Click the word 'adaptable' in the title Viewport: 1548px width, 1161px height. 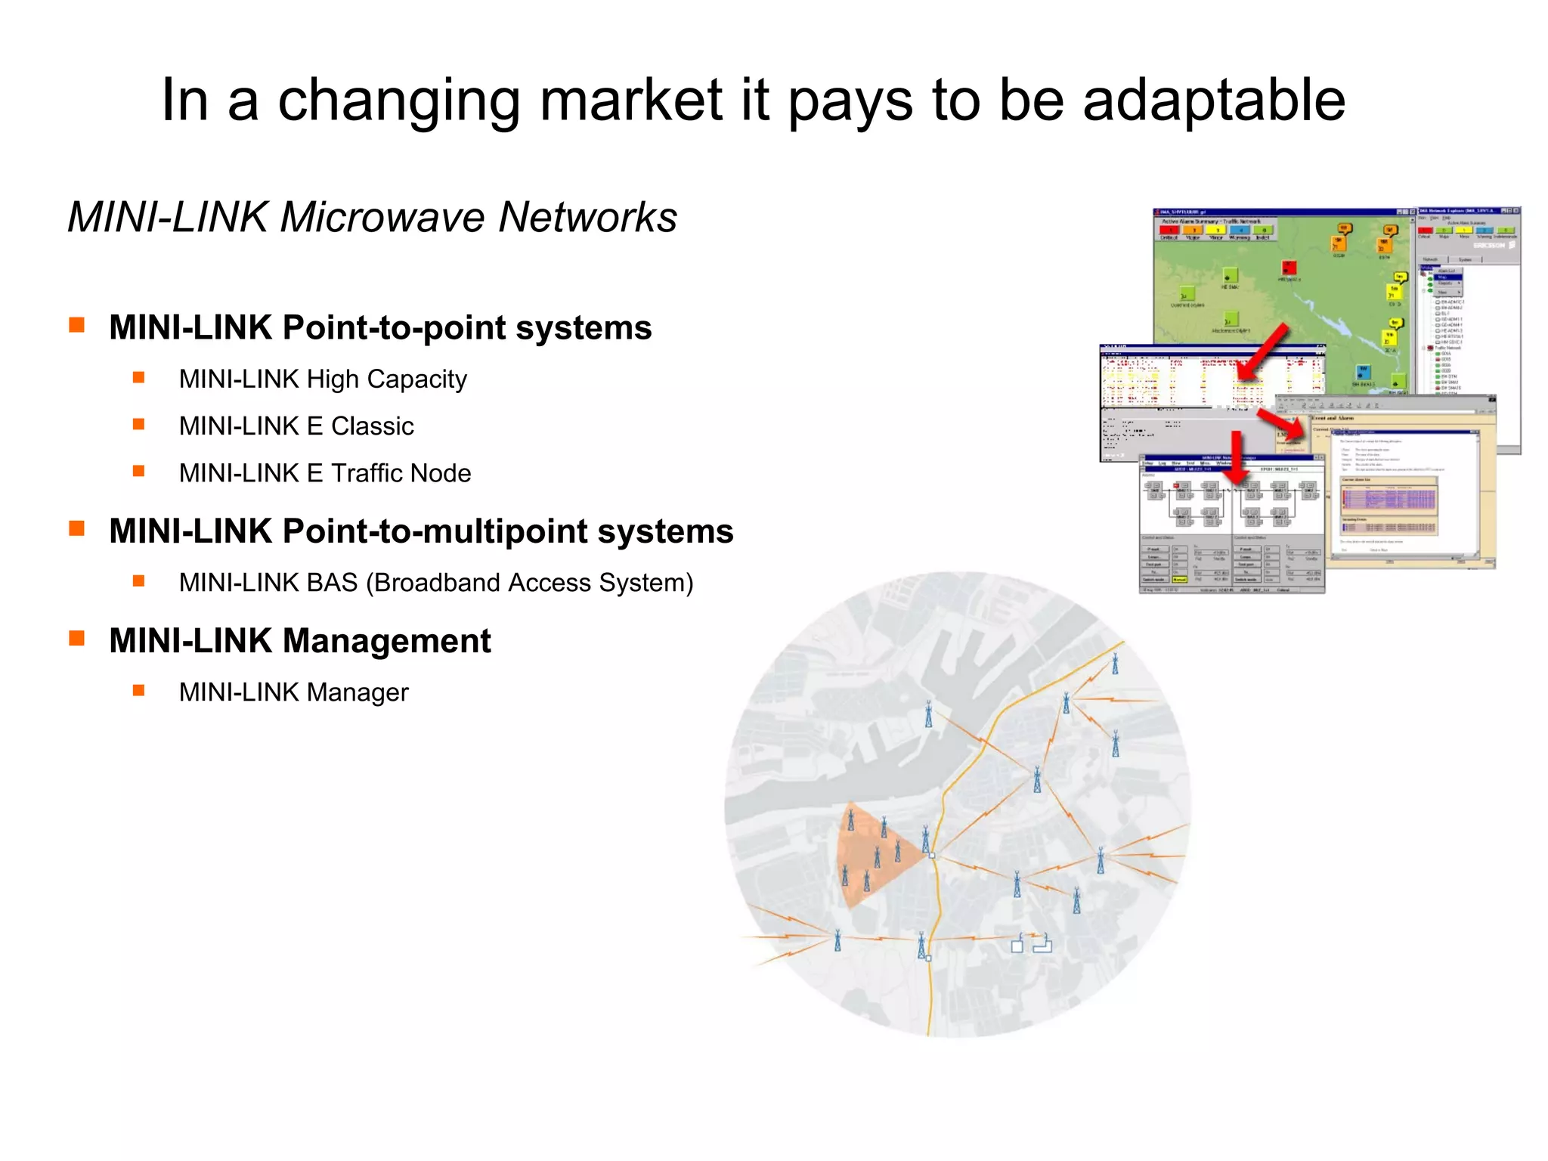1214,101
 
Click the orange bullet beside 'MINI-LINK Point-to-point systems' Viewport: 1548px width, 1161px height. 76,325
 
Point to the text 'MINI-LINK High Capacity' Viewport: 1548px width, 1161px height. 323,379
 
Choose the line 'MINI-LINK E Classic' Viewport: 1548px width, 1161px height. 296,426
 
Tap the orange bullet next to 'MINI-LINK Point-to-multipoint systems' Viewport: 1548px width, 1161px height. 76,528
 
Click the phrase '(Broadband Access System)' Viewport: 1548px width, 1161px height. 530,583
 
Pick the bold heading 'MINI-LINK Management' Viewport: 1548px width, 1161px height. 300,641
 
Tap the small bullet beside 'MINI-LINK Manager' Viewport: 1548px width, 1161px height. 138,690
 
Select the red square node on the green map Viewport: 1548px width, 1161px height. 1289,268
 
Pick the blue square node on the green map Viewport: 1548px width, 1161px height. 1363,373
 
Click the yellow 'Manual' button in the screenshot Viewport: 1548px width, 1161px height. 1179,580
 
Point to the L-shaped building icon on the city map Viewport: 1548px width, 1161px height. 1043,944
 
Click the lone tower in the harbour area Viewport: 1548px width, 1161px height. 929,714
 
